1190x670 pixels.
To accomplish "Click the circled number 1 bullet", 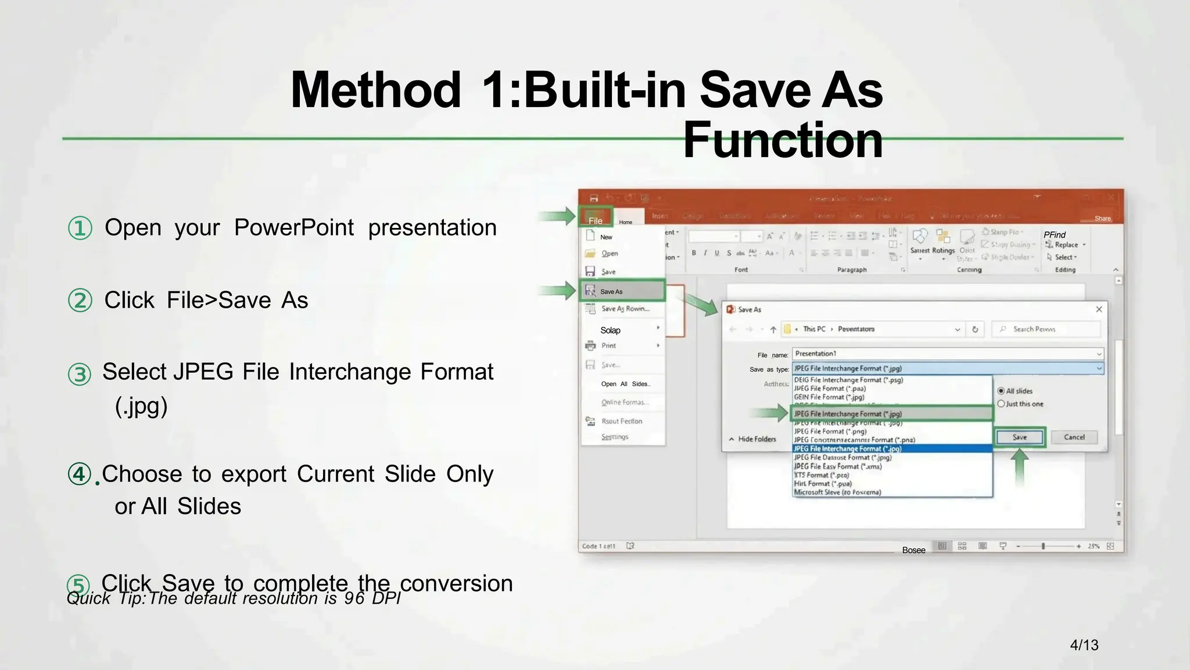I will click(x=80, y=228).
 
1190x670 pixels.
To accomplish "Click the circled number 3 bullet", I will click(x=80, y=374).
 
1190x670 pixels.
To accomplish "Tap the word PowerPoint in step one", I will click(x=294, y=227).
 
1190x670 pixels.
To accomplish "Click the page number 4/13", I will click(x=1084, y=645).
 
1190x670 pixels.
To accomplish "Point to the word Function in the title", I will click(x=783, y=140).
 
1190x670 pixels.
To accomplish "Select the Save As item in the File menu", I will click(x=622, y=291).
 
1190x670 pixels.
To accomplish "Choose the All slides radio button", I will click(x=1001, y=391).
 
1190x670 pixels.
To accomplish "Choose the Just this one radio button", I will click(x=1001, y=404).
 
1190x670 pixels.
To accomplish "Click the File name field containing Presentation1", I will click(x=947, y=354).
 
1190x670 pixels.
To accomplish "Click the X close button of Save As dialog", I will click(x=1099, y=309).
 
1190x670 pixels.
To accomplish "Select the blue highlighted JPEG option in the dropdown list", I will click(x=892, y=448).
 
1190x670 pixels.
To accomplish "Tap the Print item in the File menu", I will click(x=608, y=345).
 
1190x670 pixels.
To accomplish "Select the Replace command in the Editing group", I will click(x=1066, y=245).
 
